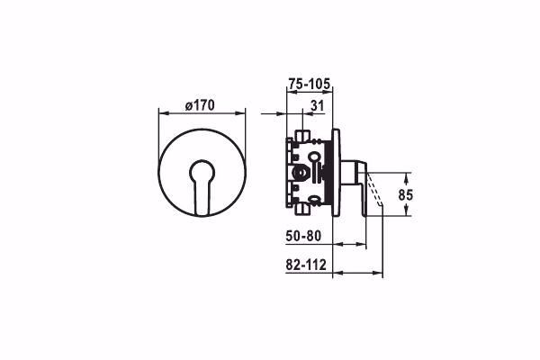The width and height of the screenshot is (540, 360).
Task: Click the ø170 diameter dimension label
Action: point(200,105)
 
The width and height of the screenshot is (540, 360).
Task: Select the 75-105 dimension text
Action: point(310,84)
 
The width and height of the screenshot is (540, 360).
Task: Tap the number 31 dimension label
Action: point(317,106)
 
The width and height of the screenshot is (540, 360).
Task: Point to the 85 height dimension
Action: point(405,195)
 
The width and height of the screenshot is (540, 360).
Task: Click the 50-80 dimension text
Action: point(303,236)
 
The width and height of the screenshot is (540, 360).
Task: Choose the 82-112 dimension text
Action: point(306,265)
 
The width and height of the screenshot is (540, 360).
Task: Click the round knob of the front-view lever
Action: point(202,171)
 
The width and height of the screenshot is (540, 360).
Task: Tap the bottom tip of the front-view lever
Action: point(202,215)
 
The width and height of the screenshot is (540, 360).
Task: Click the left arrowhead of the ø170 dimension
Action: point(163,113)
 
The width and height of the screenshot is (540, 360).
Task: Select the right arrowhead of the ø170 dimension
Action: point(241,113)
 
